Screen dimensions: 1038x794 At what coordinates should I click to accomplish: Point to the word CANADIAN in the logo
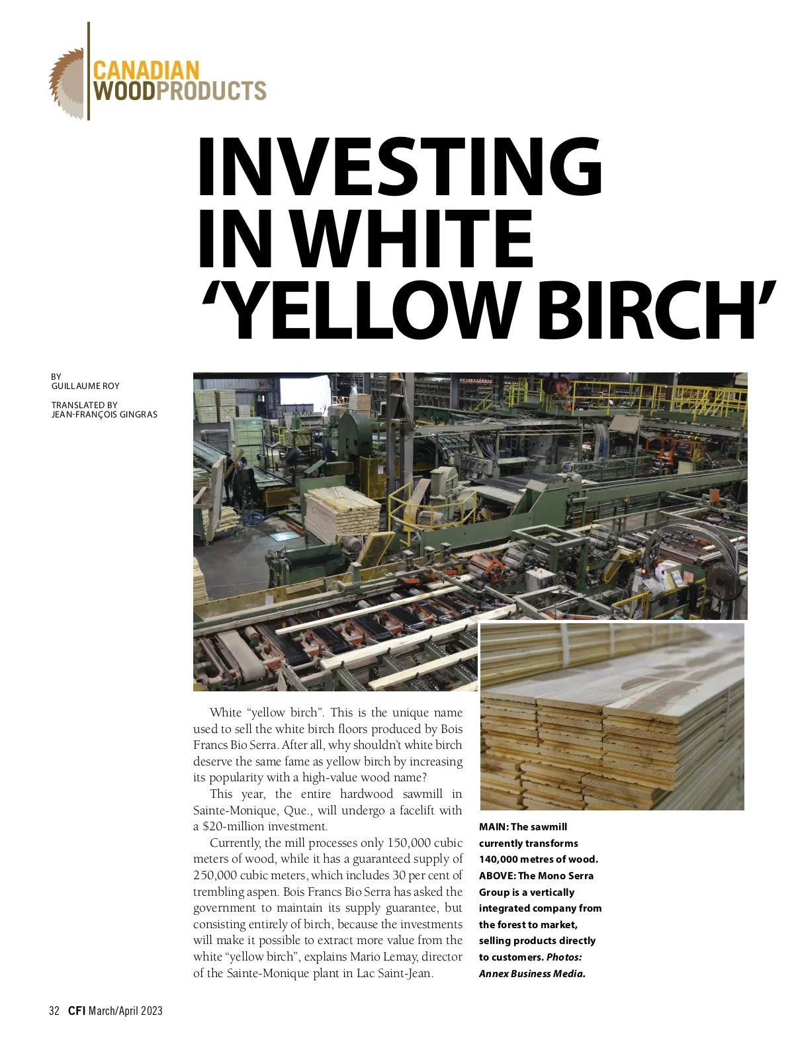point(146,71)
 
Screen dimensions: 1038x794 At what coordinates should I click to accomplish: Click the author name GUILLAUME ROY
point(85,386)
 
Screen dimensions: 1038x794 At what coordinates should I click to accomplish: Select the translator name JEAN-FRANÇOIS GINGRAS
point(105,415)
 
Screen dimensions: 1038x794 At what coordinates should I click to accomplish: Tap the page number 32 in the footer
point(54,1010)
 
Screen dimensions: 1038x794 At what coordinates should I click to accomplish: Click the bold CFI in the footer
point(77,1010)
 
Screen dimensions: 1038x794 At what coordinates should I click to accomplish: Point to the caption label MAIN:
point(494,827)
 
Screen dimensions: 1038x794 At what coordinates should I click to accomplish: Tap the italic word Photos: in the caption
point(564,957)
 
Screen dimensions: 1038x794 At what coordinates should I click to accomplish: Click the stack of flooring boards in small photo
point(612,728)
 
